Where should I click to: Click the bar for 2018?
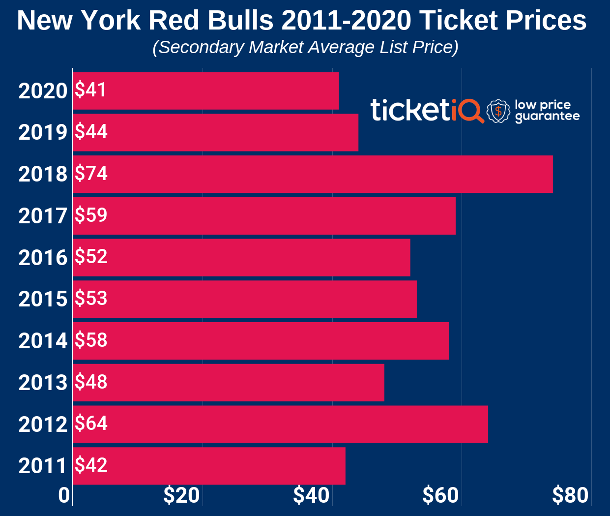(x=313, y=174)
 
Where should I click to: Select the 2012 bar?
(x=281, y=424)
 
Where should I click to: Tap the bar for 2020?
(x=206, y=91)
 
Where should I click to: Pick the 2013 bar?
(x=229, y=383)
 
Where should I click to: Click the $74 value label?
(x=91, y=174)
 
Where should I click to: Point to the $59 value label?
(x=91, y=215)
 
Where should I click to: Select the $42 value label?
(x=91, y=465)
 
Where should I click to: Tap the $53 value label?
(x=91, y=299)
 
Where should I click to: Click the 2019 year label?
(x=43, y=132)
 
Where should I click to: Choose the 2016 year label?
(x=43, y=258)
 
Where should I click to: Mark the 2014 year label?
(x=43, y=341)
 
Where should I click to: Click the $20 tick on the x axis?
(x=181, y=495)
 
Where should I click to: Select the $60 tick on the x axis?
(x=440, y=495)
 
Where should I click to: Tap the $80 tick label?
(x=570, y=495)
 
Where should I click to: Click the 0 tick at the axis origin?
(x=64, y=495)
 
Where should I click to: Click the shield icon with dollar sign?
(x=498, y=111)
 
